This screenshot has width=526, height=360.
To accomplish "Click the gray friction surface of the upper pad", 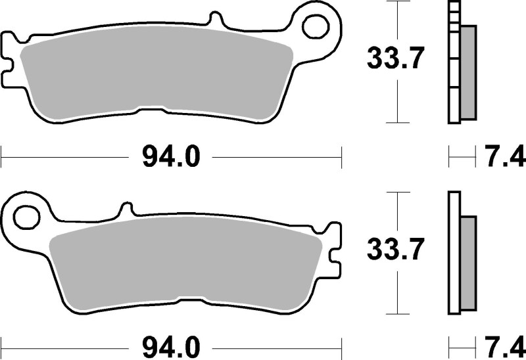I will click(155, 76).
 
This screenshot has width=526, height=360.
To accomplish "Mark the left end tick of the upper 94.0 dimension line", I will click(2, 158).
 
